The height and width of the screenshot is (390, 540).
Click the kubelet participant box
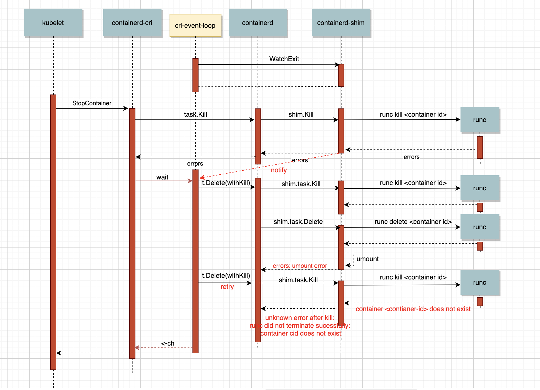coord(53,23)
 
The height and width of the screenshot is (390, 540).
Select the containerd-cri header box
coord(132,23)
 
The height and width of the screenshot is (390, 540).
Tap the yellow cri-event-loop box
coord(195,26)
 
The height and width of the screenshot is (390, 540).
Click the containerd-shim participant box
coord(341,23)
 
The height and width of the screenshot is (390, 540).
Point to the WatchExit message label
coord(284,59)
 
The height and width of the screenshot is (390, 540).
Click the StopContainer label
coord(92,103)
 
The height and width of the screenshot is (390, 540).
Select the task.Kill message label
coord(195,114)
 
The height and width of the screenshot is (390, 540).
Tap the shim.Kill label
coord(301,114)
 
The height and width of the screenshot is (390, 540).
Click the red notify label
coord(279,170)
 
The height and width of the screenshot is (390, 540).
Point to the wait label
coord(162,177)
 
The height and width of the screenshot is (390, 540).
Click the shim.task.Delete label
coord(298,222)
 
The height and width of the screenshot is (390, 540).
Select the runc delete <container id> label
coord(413,222)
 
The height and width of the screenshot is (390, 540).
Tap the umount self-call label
coord(367,259)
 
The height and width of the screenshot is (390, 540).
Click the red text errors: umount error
coord(300,266)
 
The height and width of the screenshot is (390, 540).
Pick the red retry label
coord(227,287)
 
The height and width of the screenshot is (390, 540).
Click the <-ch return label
coord(168,343)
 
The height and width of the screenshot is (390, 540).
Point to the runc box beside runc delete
coord(480,227)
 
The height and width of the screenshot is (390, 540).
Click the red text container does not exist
coord(413,309)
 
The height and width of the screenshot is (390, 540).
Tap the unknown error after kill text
coord(300,318)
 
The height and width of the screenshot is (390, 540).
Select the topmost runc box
coord(480,120)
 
